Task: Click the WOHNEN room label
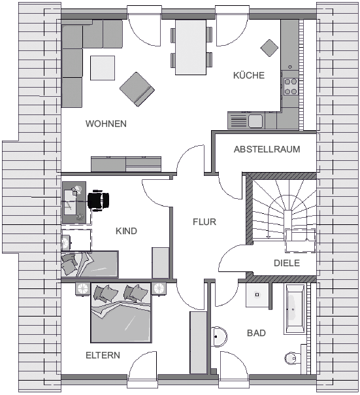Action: point(106,124)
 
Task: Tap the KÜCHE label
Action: point(249,75)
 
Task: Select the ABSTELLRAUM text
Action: point(267,149)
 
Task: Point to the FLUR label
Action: point(205,222)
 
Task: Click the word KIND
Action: point(126,231)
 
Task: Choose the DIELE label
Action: point(287,263)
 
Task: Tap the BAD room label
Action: point(256,333)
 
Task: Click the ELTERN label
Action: point(103,355)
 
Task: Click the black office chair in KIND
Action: point(98,201)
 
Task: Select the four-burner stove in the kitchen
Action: point(291,86)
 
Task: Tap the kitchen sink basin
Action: point(255,121)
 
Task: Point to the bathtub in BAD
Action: point(295,309)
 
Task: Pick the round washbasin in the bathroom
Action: point(218,337)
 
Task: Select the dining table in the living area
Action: point(191,47)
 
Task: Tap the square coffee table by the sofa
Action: point(103,68)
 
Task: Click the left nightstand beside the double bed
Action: point(83,288)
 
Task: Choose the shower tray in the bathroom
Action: point(257,295)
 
